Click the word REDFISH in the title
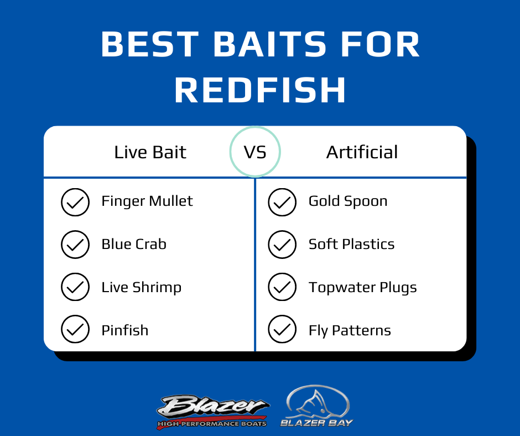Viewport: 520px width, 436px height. coord(261,90)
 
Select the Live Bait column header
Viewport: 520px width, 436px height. coord(150,152)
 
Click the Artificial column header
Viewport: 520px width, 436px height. coord(362,152)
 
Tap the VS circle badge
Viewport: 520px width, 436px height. coord(255,152)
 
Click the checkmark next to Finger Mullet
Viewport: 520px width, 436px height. coord(75,202)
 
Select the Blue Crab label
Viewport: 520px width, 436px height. coord(134,244)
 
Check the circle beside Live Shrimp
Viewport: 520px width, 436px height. coord(75,287)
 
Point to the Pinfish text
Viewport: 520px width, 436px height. coord(125,330)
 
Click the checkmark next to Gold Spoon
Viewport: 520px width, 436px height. coord(282,202)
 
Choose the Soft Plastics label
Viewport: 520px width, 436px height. coord(351,244)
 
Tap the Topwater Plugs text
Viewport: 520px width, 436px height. coord(363,288)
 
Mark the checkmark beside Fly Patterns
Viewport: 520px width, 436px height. coord(282,329)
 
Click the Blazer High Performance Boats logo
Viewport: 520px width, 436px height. coord(212,411)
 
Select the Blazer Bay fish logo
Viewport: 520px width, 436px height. coord(317,406)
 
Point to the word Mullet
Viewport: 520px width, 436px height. coord(171,201)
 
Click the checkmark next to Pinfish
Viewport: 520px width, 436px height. coord(75,329)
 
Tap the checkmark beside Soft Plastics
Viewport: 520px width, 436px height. coord(282,245)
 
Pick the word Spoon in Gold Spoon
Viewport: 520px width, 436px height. coord(366,201)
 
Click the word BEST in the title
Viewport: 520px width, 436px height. coord(150,44)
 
